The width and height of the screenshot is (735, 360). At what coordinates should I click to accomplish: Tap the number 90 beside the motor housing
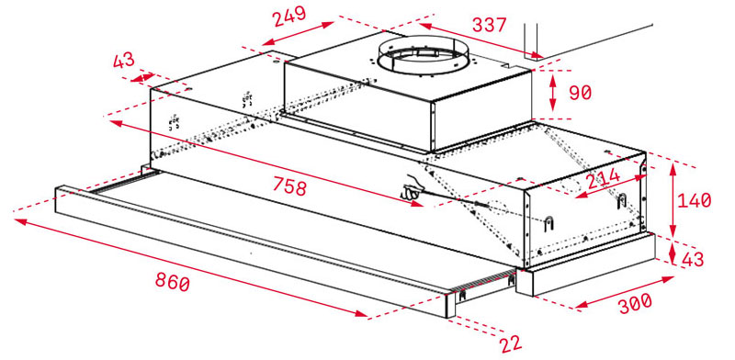(x=581, y=94)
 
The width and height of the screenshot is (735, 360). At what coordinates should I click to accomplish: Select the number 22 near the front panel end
(x=510, y=343)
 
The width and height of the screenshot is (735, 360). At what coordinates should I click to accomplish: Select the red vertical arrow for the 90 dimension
(x=551, y=93)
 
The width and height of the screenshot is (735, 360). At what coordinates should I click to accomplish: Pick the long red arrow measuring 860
(x=193, y=266)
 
